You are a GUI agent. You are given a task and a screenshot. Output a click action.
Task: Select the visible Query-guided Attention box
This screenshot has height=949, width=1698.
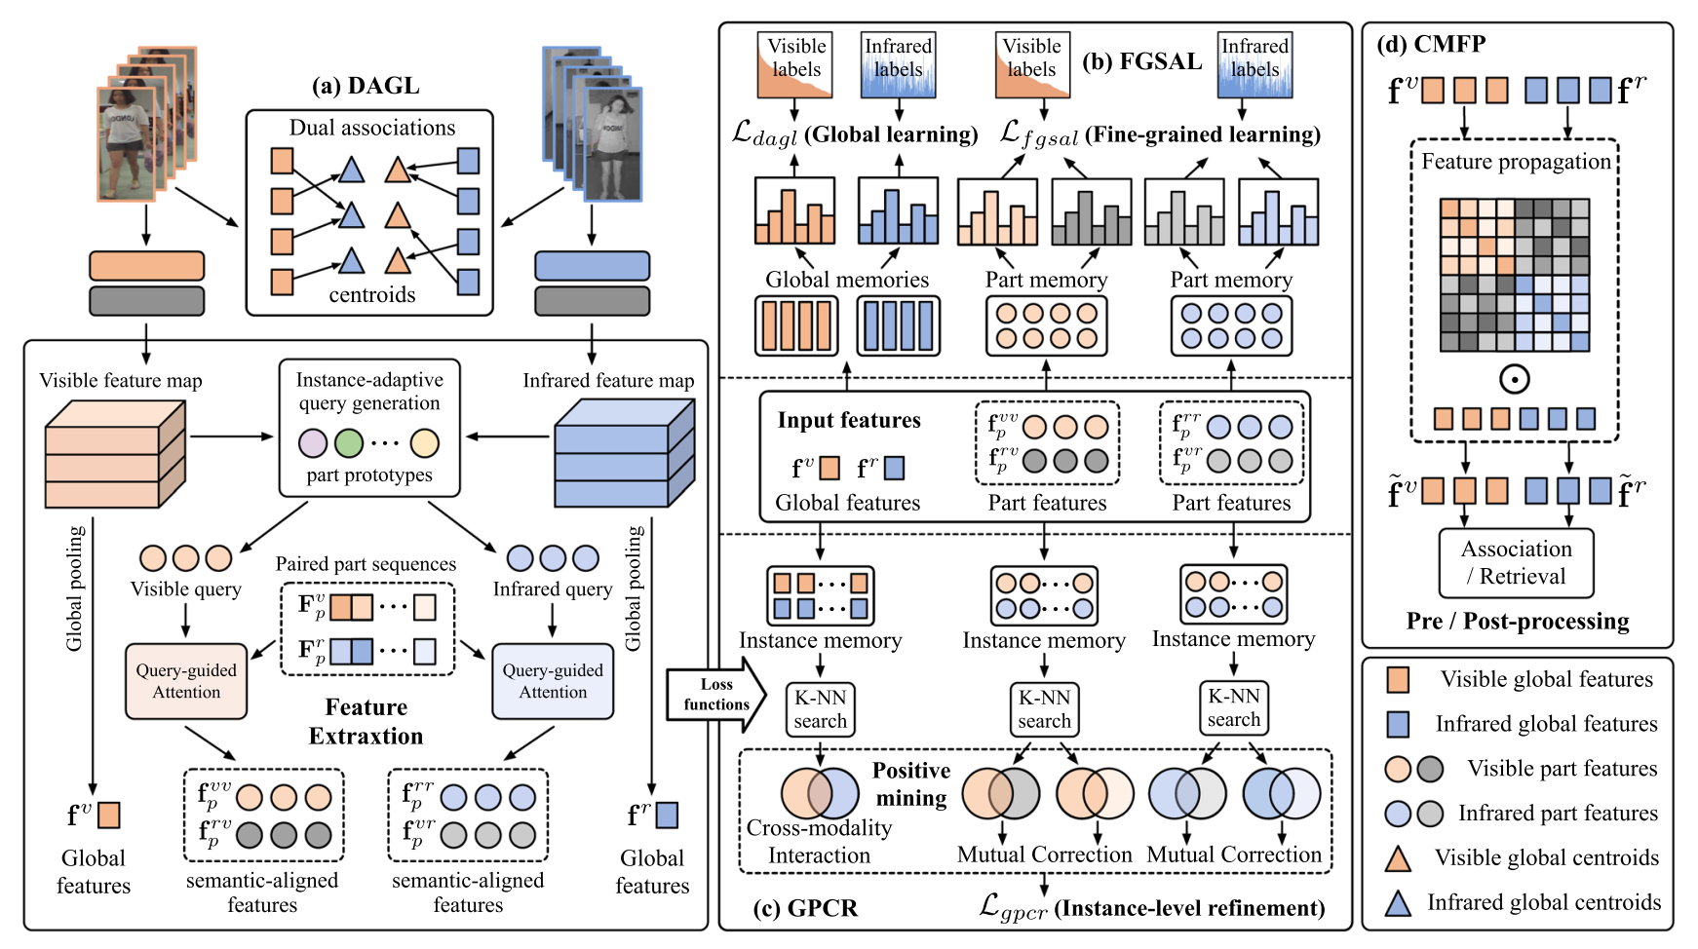[186, 681]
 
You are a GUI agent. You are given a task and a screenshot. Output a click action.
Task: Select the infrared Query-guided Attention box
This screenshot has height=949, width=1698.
[553, 681]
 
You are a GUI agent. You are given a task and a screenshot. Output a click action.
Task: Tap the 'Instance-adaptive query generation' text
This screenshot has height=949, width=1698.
[369, 391]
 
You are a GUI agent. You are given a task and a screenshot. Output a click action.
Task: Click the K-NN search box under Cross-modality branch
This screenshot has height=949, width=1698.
[820, 709]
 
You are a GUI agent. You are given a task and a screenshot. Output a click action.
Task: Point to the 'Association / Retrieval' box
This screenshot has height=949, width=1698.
[1517, 562]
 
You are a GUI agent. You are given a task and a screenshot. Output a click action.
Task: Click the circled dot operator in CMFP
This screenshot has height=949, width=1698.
[1514, 379]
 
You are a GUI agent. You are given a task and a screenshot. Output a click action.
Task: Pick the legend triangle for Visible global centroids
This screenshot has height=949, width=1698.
[1398, 858]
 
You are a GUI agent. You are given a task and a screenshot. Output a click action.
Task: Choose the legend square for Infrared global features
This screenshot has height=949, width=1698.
[1398, 724]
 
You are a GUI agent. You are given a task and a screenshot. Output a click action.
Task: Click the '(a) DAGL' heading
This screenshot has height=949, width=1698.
[366, 86]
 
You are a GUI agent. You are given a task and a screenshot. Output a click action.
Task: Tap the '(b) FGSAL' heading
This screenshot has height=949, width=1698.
[1141, 61]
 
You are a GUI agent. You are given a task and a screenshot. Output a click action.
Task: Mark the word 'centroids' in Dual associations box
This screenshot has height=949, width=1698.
[371, 294]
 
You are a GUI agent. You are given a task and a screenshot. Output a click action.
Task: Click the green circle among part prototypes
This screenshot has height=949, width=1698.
[348, 443]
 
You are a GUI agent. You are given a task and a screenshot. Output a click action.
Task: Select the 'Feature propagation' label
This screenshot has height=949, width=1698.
[1516, 162]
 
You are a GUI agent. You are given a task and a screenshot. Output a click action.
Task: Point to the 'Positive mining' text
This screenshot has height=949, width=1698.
[910, 784]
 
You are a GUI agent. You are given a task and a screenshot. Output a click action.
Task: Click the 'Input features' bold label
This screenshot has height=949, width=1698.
[848, 420]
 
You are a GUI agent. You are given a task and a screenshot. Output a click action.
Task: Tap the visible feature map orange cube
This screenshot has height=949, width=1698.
[114, 455]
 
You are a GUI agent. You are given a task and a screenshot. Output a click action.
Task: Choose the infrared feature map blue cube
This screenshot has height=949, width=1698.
[624, 455]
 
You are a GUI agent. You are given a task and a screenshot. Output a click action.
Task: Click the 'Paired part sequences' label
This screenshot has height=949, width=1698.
[366, 564]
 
